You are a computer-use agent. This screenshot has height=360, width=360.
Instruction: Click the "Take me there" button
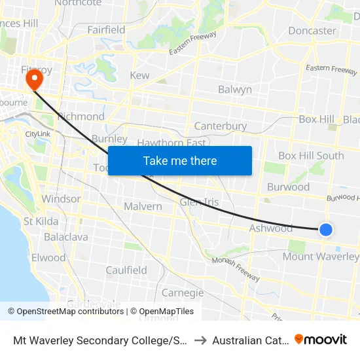pyautogui.click(x=179, y=160)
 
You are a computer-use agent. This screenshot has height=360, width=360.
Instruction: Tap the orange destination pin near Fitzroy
pyautogui.click(x=32, y=80)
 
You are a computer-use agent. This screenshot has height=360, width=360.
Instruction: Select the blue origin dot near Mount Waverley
pyautogui.click(x=325, y=229)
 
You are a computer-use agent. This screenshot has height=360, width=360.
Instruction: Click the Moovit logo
pyautogui.click(x=321, y=339)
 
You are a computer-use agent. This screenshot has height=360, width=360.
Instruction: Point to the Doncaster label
pyautogui.click(x=312, y=31)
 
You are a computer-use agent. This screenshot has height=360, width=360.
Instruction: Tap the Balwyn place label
pyautogui.click(x=234, y=90)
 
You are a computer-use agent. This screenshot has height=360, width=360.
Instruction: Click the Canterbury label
pyautogui.click(x=221, y=126)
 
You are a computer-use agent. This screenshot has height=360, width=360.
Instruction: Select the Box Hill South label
pyautogui.click(x=311, y=156)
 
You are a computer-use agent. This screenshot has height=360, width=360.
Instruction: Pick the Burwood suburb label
pyautogui.click(x=288, y=187)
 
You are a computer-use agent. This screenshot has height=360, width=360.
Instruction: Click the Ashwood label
pyautogui.click(x=271, y=228)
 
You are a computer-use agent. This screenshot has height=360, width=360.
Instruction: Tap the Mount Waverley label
pyautogui.click(x=320, y=257)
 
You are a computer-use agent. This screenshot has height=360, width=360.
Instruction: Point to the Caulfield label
pyautogui.click(x=126, y=270)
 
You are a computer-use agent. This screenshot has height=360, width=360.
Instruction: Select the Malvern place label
pyautogui.click(x=143, y=207)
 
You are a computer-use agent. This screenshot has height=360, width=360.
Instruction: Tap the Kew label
pyautogui.click(x=139, y=75)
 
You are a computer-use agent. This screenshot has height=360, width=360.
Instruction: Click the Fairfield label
pyautogui.click(x=106, y=30)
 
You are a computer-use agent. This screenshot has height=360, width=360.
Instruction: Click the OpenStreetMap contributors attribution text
pyautogui.click(x=66, y=312)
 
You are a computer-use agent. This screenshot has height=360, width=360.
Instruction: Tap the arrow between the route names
pyautogui.click(x=200, y=340)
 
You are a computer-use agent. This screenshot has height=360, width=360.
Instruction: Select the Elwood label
pyautogui.click(x=48, y=257)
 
